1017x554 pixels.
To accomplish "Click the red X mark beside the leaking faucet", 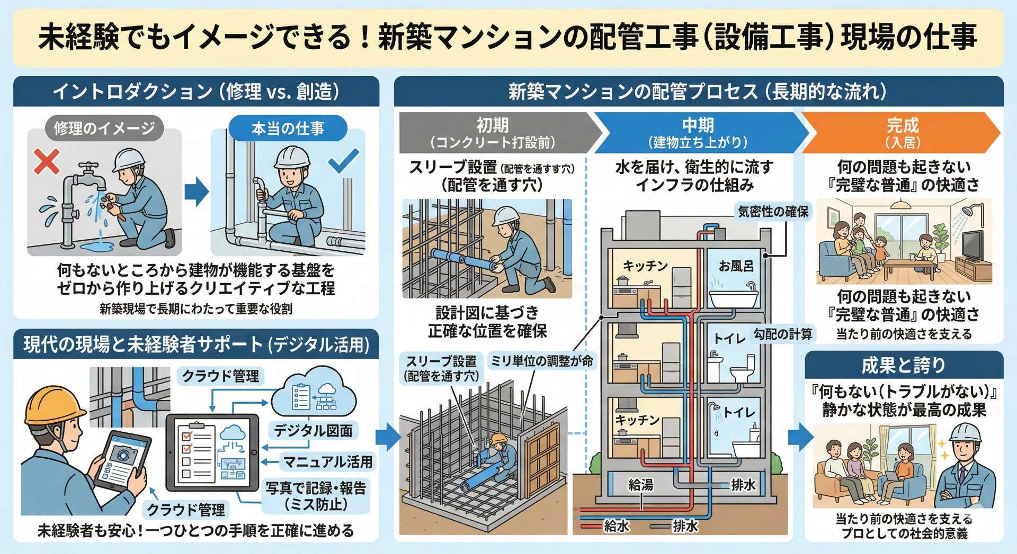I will coord(47,161).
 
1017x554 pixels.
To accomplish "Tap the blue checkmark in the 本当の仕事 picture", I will coord(343,161).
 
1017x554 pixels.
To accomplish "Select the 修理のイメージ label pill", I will coord(104,129).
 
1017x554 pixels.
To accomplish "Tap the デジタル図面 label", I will coord(313,431).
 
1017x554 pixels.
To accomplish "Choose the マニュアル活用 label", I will coord(328,462).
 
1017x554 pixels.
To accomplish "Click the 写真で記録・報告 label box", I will coord(316,495).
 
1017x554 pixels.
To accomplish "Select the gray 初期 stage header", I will coord(493,132).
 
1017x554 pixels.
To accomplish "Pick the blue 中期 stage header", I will coord(698,132).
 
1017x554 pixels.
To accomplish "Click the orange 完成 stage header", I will coord(902,132).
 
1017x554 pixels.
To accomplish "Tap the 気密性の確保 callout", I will coord(773,212).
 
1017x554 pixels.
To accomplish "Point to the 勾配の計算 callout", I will coord(783,334).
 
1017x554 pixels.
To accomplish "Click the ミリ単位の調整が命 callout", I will coord(541,361).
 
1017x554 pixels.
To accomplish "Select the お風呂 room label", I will coord(736,266).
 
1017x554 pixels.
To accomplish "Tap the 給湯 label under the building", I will coord(640,484).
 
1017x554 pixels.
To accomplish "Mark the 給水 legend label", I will coord(617,526).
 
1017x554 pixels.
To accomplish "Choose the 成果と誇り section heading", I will coord(904,365).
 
